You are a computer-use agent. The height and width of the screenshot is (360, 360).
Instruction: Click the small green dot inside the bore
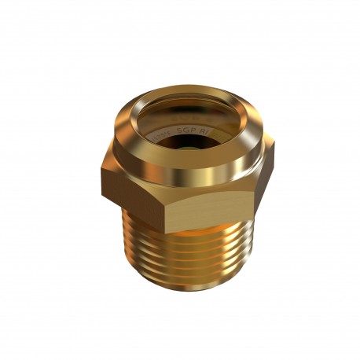[x=184, y=145]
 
